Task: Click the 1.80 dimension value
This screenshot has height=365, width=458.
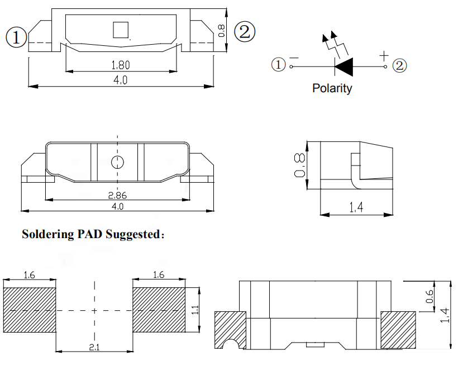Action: click(121, 65)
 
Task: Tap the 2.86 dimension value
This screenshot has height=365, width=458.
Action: click(117, 196)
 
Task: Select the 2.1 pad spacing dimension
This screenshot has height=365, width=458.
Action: click(94, 348)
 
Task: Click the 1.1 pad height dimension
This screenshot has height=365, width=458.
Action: click(195, 310)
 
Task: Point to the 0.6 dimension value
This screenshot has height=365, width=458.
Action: click(429, 297)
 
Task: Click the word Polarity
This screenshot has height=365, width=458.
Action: click(332, 88)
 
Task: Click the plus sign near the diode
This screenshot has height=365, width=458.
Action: click(383, 55)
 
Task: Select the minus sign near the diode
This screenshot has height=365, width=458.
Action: click(294, 57)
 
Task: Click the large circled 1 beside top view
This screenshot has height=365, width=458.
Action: click(16, 37)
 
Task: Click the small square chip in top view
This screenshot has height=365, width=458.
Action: click(120, 30)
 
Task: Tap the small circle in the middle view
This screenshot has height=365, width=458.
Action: click(117, 162)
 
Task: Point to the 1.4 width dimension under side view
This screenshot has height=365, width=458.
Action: click(356, 208)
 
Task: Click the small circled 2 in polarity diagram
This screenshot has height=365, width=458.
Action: click(400, 66)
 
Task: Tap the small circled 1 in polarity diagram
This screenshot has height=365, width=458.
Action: click(278, 65)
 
